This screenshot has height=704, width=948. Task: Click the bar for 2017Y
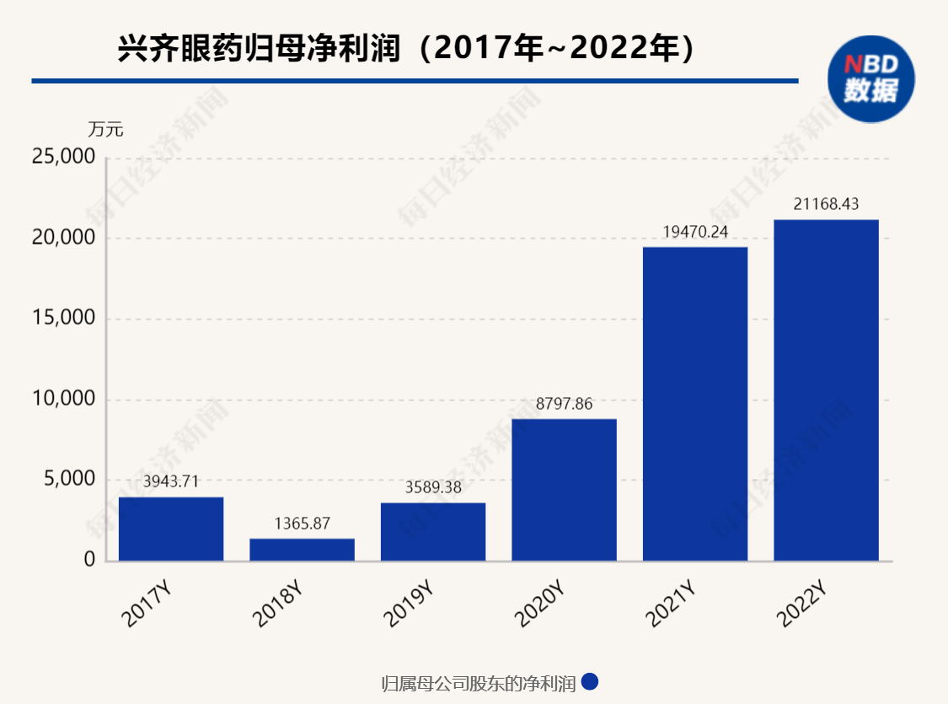[x=171, y=529]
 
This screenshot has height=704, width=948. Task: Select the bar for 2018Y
[x=302, y=549]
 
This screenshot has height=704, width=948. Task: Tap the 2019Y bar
[x=433, y=531]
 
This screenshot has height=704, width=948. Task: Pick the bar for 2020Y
[x=564, y=489]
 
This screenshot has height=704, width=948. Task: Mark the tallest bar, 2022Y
[x=826, y=390]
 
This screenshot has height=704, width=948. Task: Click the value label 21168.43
[x=826, y=204]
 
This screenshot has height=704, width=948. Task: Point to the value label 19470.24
[x=695, y=231]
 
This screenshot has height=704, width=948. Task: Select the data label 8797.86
[x=564, y=404]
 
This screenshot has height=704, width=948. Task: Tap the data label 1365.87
[x=302, y=524]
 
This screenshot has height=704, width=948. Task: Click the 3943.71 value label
[x=171, y=482]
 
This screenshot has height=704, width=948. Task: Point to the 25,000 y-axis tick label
[x=63, y=157]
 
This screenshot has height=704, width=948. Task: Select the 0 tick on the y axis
[x=88, y=561]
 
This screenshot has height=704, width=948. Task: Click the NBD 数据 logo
[x=870, y=78]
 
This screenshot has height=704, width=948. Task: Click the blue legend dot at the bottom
[x=590, y=681]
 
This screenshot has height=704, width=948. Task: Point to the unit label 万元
[x=105, y=129]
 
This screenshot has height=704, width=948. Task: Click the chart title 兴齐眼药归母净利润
[x=257, y=49]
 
